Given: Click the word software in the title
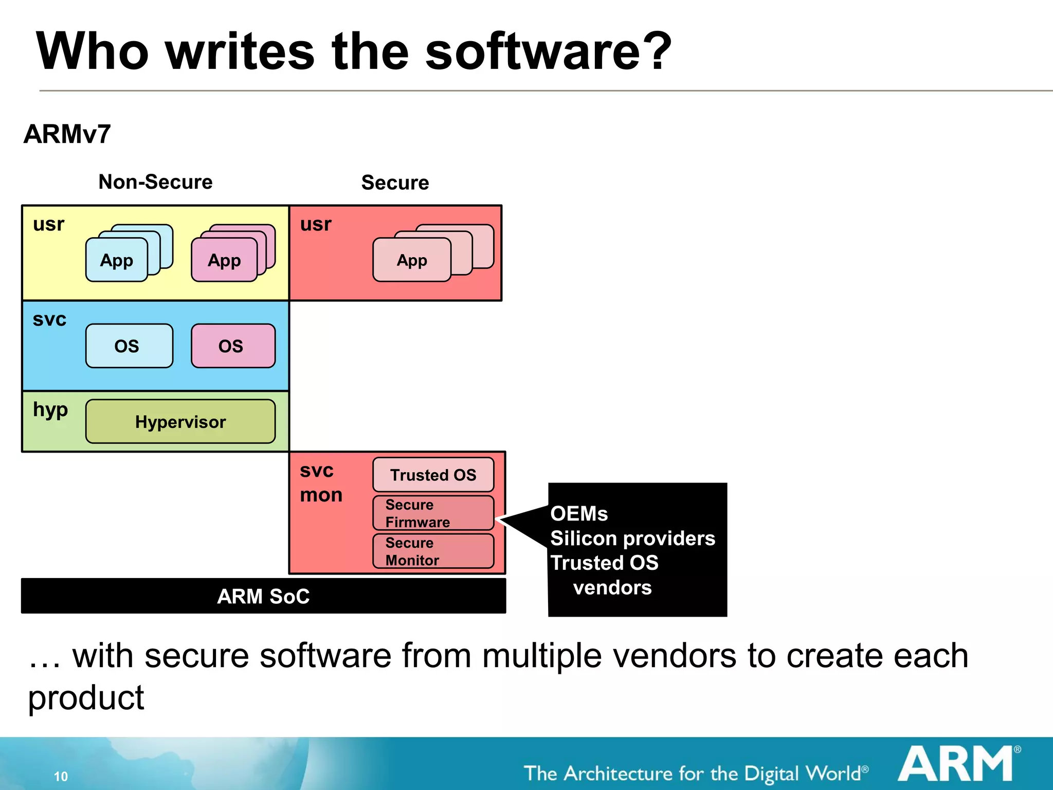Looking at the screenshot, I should point(548,51).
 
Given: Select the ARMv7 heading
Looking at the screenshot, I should point(67,134).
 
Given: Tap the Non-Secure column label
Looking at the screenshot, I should point(155,182).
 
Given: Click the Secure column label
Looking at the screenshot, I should point(395,183).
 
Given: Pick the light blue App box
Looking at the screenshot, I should point(117,260).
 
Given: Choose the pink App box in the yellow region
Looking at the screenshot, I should point(224,260).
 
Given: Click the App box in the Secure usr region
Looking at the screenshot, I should point(411,260).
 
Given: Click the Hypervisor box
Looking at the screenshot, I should point(180,422).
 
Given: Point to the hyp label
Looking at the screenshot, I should point(50,410).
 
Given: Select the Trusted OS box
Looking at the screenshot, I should point(433,475).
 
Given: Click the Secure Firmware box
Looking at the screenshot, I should point(433,513).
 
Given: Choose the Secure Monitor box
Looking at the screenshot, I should point(433,551).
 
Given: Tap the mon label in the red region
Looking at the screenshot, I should point(321,495).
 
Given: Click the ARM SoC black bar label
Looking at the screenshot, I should point(263,596).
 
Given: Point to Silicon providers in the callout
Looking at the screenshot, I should point(632,538).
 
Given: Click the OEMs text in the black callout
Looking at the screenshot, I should point(579,514).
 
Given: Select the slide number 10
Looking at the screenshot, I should point(61,776).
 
